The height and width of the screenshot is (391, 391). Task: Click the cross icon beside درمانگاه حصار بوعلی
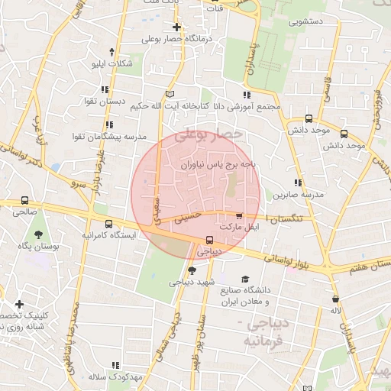click(x=176, y=27)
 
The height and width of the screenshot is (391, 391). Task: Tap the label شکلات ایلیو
click(x=111, y=63)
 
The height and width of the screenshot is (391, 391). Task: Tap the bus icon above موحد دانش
click(x=309, y=118)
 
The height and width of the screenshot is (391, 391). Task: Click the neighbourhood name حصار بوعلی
click(x=208, y=135)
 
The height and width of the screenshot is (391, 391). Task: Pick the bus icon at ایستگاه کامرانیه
click(x=109, y=225)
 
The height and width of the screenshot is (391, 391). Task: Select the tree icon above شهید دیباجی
click(x=192, y=270)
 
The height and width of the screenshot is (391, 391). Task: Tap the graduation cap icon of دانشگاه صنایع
click(x=245, y=279)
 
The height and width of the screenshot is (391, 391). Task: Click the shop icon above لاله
click(x=336, y=299)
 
